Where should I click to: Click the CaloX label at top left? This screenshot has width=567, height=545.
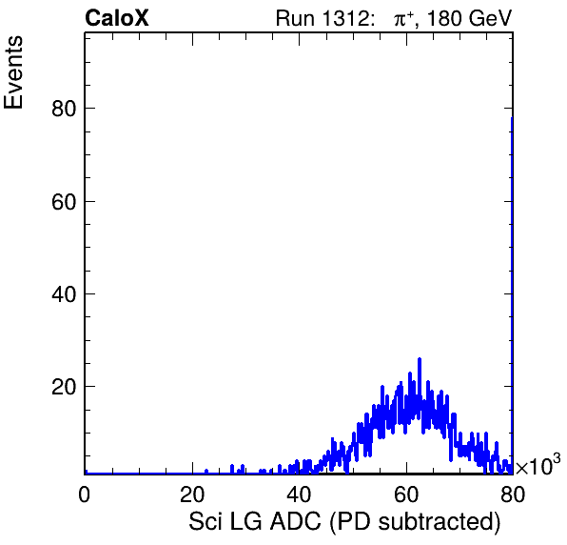[117, 18]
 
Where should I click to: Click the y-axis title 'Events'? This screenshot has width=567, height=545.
[13, 72]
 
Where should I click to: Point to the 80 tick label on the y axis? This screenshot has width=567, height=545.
[65, 109]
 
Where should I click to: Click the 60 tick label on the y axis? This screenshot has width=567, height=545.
[65, 201]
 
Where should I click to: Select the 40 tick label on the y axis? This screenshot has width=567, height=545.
[65, 294]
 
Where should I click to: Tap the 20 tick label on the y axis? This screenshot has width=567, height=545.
[65, 387]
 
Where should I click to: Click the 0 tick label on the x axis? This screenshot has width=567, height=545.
[85, 494]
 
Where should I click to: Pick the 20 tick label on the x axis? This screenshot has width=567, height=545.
[192, 494]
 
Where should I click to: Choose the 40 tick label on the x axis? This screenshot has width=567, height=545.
[299, 494]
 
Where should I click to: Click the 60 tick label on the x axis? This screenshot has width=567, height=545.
[406, 494]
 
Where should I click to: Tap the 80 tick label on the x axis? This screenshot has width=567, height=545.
[513, 494]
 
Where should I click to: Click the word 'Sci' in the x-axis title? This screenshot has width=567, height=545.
[205, 522]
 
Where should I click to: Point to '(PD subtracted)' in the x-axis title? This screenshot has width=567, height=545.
[415, 522]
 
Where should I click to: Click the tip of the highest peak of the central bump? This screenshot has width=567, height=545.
[420, 359]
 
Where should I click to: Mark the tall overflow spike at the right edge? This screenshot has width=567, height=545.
[512, 295]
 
